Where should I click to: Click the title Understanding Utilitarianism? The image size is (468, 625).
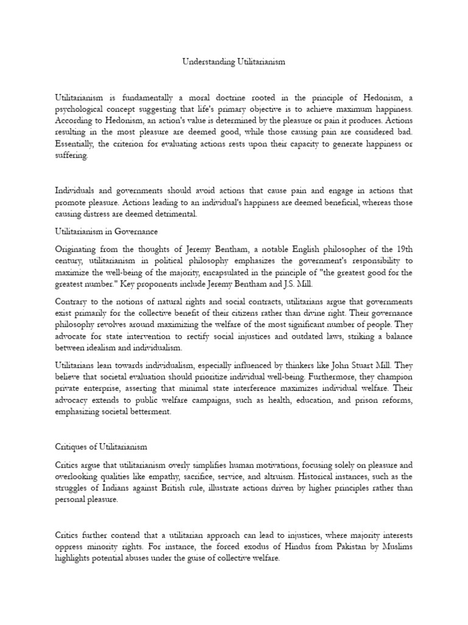pyautogui.click(x=234, y=62)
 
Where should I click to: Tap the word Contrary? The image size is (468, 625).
pyautogui.click(x=74, y=302)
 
